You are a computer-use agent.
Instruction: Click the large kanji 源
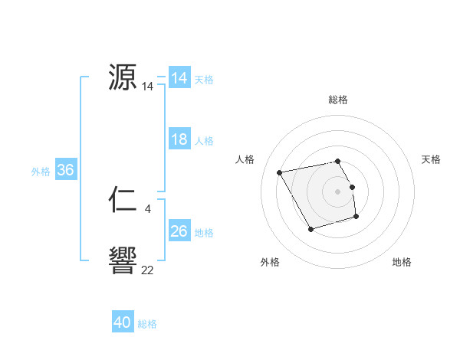click(123, 78)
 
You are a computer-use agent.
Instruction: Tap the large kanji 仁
click(123, 201)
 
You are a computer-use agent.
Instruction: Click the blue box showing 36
click(65, 170)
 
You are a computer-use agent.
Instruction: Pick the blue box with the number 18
click(179, 139)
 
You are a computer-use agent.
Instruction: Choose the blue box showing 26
click(179, 231)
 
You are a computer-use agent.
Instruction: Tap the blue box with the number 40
click(123, 322)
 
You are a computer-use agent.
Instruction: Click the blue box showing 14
click(179, 78)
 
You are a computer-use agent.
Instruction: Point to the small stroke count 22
click(148, 270)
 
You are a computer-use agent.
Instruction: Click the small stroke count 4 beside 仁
click(148, 208)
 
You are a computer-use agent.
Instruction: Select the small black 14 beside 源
click(148, 87)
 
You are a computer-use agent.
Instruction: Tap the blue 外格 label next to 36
click(41, 172)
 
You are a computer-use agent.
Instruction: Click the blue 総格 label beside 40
click(147, 324)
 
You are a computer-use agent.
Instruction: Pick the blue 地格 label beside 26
click(204, 233)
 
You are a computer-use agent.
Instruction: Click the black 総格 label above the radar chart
click(338, 100)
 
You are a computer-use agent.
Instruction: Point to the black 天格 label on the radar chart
click(432, 159)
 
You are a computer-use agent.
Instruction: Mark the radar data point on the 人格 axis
click(280, 172)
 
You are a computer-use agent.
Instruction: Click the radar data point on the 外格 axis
click(310, 229)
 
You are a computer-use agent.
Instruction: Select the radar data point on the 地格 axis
click(357, 218)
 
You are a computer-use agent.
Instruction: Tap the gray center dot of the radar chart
click(338, 191)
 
